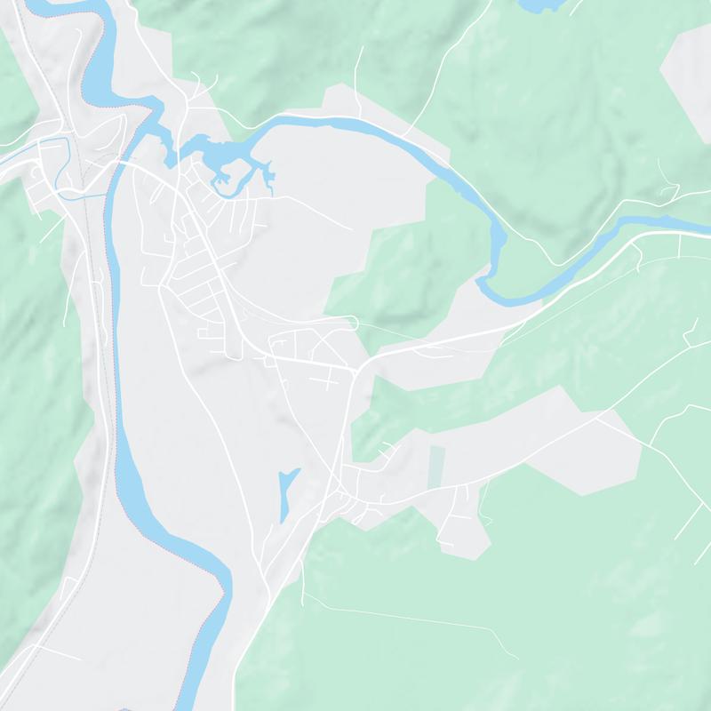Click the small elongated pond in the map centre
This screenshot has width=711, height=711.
pos(285,494)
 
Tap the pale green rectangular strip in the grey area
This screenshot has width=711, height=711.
pos(436,467)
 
